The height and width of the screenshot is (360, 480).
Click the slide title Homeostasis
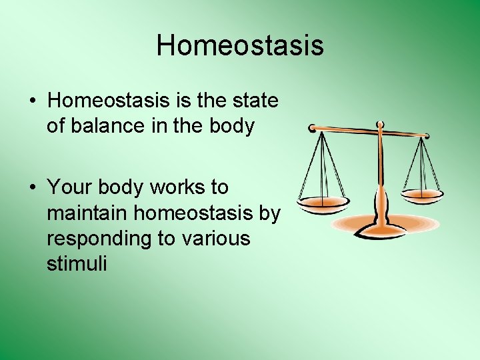[x=240, y=45]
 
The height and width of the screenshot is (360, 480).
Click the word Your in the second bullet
[x=69, y=188]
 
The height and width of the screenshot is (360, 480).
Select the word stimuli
[x=76, y=263]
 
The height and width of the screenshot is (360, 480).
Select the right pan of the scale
[x=423, y=195]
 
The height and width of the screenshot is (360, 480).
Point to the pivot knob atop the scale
[x=380, y=125]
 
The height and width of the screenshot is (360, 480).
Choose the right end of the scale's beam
[x=426, y=135]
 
